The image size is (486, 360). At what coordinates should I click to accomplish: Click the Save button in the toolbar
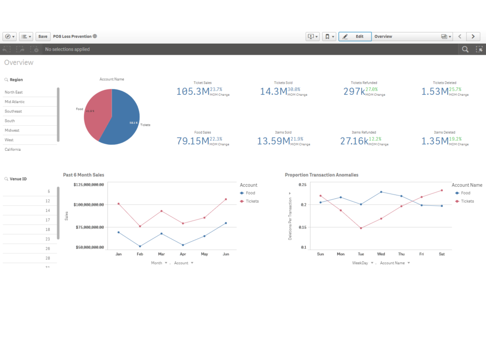(43, 37)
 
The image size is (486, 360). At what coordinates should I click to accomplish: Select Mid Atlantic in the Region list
(15, 102)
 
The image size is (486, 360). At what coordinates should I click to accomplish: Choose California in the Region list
(13, 149)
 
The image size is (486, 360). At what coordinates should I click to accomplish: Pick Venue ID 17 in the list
(47, 220)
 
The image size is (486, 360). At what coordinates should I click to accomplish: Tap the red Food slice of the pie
(97, 114)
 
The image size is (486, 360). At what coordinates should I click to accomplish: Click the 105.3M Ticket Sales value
(193, 92)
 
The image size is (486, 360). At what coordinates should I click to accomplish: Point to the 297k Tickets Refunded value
(354, 92)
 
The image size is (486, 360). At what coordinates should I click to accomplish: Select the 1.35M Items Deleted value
(435, 141)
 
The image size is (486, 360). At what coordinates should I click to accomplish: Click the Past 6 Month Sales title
(84, 175)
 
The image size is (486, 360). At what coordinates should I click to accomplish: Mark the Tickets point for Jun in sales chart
(226, 199)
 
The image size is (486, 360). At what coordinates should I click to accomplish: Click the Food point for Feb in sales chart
(140, 246)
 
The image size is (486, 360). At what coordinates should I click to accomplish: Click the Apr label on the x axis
(183, 254)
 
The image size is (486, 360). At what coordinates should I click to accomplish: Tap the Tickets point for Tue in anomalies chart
(361, 228)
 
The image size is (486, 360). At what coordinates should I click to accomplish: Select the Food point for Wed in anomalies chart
(381, 192)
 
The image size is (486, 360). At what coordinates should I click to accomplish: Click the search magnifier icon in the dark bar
(465, 49)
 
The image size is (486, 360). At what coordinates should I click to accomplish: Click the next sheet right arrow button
(473, 37)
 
